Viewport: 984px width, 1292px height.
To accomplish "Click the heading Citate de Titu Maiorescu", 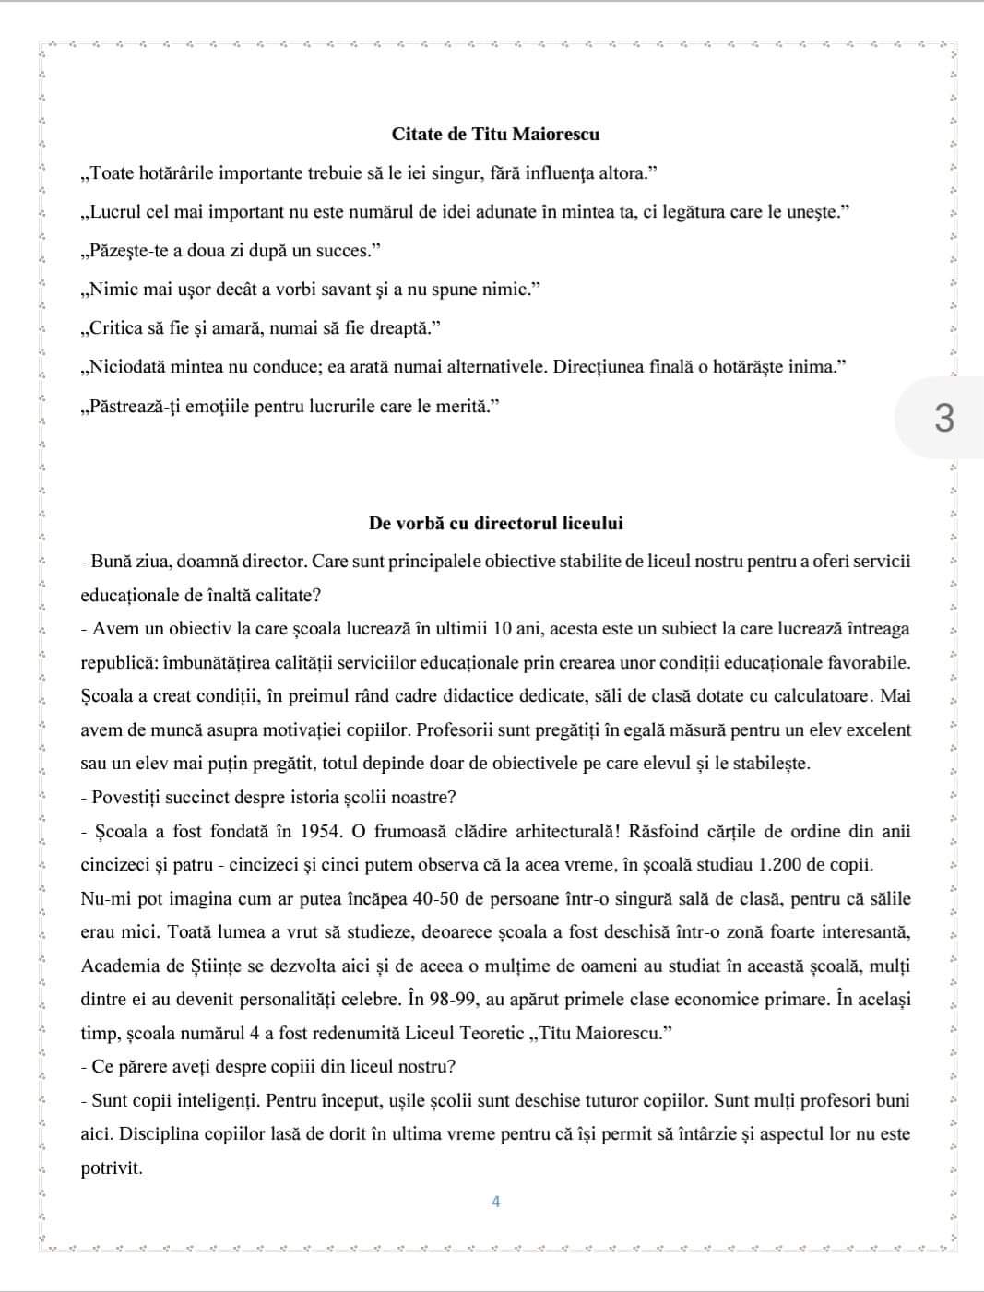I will [x=495, y=135].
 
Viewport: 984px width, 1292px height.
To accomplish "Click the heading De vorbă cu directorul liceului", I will [x=495, y=524].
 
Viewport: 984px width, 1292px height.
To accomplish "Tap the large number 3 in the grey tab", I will [x=943, y=418].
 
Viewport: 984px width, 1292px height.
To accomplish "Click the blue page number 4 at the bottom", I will [x=496, y=1202].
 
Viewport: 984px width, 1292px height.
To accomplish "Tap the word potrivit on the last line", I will [x=111, y=1168].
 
